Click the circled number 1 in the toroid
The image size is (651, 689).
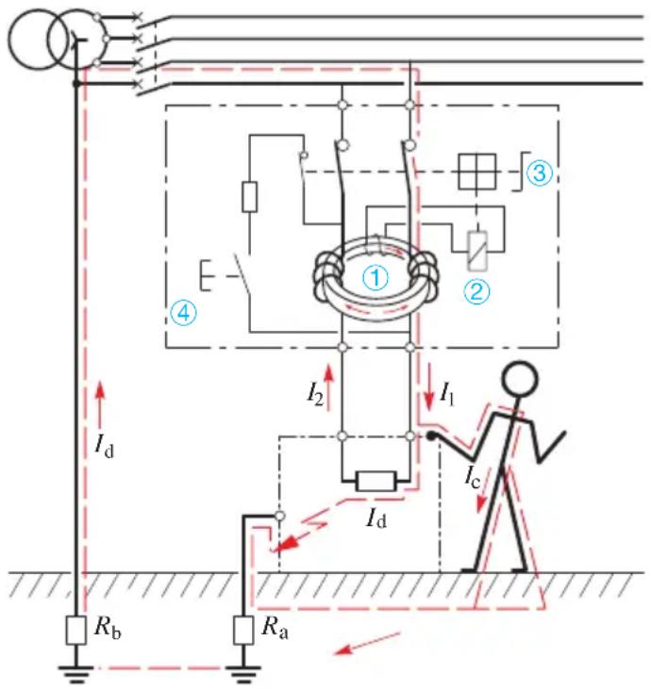[x=376, y=278]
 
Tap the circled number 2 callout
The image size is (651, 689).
[x=476, y=291]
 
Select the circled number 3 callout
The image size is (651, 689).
[x=540, y=172]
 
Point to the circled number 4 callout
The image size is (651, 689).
[x=183, y=312]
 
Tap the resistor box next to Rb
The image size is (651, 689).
[x=75, y=631]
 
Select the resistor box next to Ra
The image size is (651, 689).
[x=243, y=631]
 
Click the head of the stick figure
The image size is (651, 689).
[x=520, y=379]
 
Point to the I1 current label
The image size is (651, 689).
[x=447, y=394]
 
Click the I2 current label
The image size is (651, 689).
[x=315, y=393]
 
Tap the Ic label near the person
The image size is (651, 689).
[x=473, y=476]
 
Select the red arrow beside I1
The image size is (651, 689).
[x=428, y=387]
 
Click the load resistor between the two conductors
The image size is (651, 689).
[x=376, y=481]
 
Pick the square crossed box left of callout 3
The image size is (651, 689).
[x=476, y=172]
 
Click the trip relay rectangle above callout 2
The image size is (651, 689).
[x=477, y=251]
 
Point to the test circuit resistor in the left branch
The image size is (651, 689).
[x=249, y=196]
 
